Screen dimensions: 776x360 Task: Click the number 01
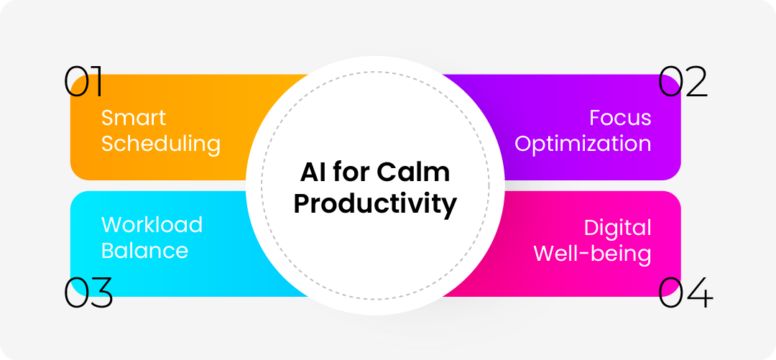pyautogui.click(x=83, y=82)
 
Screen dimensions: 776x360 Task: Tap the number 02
pyautogui.click(x=683, y=82)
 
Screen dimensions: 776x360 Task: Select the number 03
pyautogui.click(x=88, y=292)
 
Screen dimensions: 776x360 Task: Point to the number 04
pyautogui.click(x=686, y=292)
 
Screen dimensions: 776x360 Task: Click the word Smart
pyautogui.click(x=134, y=118)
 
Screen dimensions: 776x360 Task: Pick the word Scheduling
pyautogui.click(x=161, y=144)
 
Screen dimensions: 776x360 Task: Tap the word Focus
pyautogui.click(x=620, y=118)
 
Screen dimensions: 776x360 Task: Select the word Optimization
pyautogui.click(x=583, y=144)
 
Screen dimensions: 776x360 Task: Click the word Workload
pyautogui.click(x=152, y=224)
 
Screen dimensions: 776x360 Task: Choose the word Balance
pyautogui.click(x=145, y=251)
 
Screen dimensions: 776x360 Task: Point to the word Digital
pyautogui.click(x=618, y=228)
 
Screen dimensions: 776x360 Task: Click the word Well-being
pyautogui.click(x=592, y=254)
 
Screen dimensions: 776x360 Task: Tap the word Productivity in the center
pyautogui.click(x=374, y=206)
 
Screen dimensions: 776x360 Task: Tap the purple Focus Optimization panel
pyautogui.click(x=589, y=127)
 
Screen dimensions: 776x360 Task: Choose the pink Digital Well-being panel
pyautogui.click(x=589, y=244)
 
